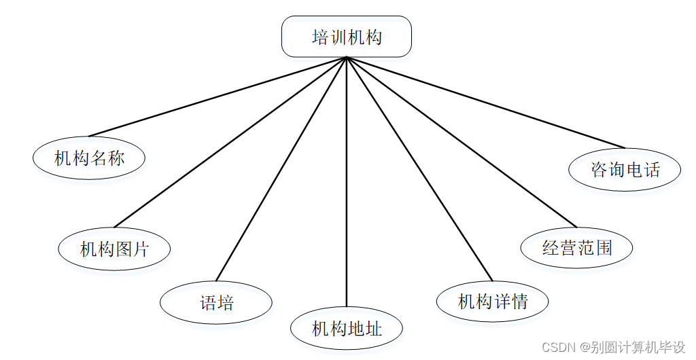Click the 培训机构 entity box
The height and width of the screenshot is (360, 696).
coord(347,37)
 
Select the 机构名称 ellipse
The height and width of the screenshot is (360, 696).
coord(89,158)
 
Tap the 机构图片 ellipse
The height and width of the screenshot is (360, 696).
coord(114,249)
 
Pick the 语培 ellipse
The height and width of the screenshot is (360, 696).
coord(216,302)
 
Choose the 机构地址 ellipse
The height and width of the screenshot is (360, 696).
coord(347,329)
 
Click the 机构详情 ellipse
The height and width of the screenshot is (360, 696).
coord(493,301)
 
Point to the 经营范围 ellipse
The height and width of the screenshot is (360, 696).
coord(576,247)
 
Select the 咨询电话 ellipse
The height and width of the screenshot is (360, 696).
coord(625,169)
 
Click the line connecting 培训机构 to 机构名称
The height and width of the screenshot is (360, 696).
coord(217,96)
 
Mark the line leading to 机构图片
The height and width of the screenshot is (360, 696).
coord(231,142)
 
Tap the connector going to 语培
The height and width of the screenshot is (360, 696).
coord(281,168)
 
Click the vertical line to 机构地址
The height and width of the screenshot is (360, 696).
coord(347,183)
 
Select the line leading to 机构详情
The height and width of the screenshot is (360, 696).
coord(419,168)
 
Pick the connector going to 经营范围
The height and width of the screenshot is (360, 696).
coord(462,142)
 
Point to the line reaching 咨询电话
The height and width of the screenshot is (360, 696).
coord(485,102)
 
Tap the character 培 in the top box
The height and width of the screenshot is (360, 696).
coord(320,37)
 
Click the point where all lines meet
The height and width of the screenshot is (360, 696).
coord(347,58)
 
